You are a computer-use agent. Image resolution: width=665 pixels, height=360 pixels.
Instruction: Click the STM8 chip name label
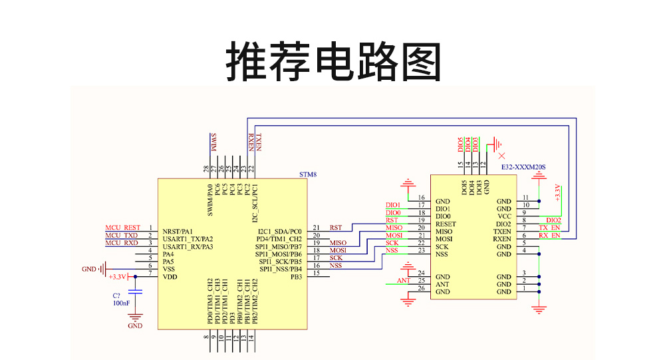click(307, 174)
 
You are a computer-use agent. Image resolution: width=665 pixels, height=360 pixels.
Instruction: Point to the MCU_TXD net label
click(122, 236)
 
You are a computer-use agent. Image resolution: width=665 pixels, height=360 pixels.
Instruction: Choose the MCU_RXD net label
click(122, 243)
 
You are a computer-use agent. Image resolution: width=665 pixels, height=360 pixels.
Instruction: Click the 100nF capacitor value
click(122, 303)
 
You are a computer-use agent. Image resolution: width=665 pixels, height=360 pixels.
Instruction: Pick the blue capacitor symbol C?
click(136, 291)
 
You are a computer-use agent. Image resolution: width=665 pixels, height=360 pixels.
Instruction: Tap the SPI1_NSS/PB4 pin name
click(281, 269)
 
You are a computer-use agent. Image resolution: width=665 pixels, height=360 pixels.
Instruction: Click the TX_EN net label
click(549, 228)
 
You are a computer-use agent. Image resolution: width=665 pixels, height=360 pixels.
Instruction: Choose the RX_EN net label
click(549, 236)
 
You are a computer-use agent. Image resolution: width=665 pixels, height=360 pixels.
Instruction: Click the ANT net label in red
click(404, 281)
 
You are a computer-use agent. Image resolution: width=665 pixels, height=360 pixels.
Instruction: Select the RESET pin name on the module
click(446, 224)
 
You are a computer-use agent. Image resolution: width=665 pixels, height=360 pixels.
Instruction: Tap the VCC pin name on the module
click(504, 216)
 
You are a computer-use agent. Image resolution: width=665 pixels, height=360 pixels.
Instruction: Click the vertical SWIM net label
click(213, 143)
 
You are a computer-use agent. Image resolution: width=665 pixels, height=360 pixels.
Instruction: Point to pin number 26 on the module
click(422, 288)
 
